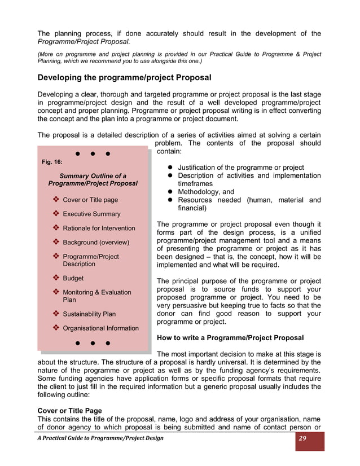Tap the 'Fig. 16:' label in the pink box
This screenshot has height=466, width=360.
point(52,162)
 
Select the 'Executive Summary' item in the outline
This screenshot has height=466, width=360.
point(91,214)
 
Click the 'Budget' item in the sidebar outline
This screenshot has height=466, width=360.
point(73,278)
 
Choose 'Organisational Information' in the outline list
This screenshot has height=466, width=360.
point(100,328)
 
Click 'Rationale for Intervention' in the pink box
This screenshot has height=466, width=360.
point(99,228)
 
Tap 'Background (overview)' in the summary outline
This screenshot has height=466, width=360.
point(96,243)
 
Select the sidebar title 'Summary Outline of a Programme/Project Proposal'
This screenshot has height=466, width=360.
point(93,180)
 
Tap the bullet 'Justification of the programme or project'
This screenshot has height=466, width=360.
point(241,168)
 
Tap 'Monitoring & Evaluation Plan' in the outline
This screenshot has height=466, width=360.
point(96,296)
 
